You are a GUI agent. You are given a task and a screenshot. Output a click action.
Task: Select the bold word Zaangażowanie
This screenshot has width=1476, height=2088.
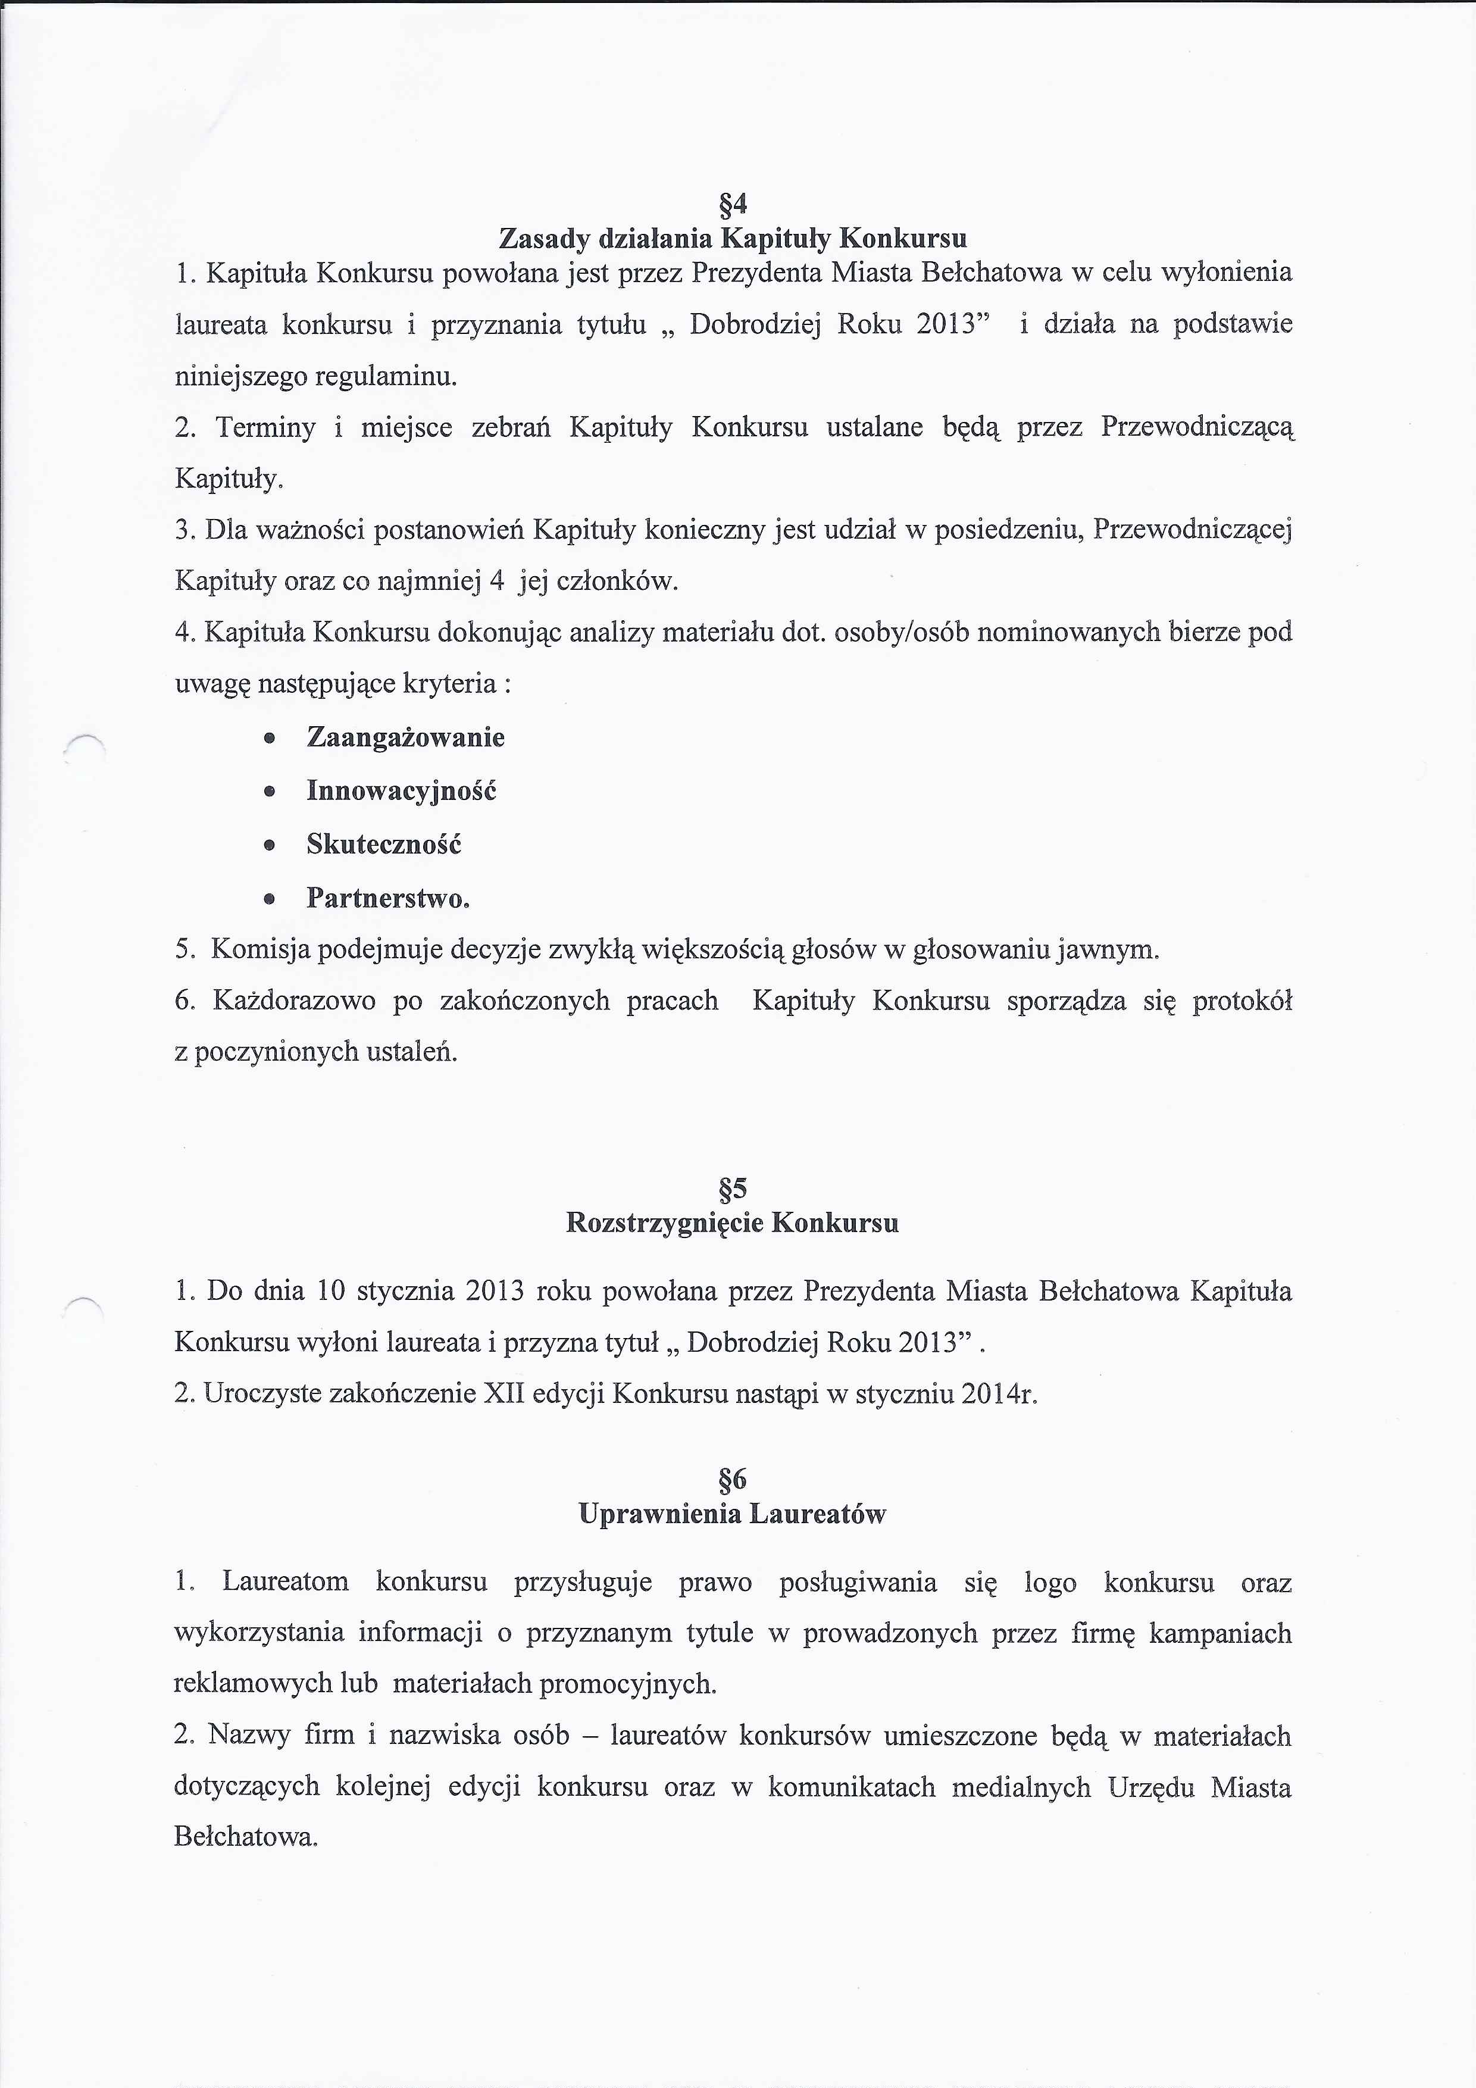(x=406, y=737)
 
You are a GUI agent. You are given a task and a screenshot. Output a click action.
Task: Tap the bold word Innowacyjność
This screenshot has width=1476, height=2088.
(x=401, y=790)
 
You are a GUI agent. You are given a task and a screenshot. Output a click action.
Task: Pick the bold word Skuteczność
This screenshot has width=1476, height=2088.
(x=384, y=844)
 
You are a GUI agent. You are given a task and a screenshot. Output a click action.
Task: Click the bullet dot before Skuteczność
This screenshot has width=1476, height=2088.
(x=268, y=846)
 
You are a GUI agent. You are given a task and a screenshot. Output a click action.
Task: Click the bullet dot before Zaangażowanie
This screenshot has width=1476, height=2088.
(x=268, y=739)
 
